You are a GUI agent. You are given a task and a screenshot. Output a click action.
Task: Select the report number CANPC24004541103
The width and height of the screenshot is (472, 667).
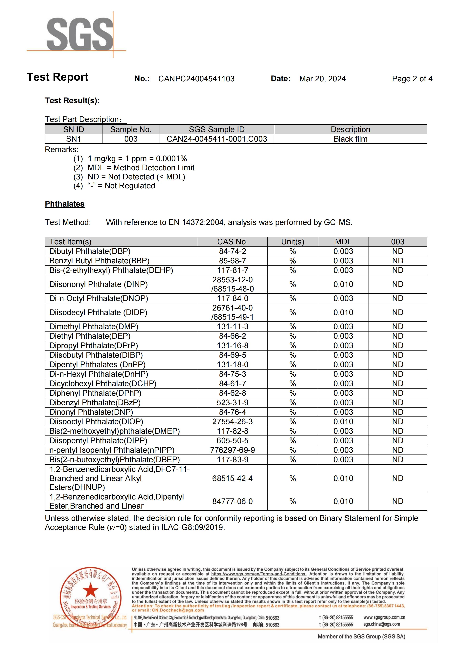(x=196, y=79)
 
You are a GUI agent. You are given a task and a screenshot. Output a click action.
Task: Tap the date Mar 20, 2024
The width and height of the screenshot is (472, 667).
(x=323, y=79)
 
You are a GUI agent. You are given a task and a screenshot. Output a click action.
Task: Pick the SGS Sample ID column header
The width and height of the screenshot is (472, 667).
(x=217, y=129)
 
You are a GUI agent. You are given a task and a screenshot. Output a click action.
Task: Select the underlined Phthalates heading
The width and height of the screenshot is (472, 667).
(x=65, y=204)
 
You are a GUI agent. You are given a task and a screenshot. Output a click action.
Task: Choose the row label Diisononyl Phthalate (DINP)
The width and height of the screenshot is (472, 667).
(x=98, y=284)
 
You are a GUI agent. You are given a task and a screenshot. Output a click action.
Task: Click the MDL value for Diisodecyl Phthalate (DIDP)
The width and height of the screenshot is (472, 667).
(x=343, y=312)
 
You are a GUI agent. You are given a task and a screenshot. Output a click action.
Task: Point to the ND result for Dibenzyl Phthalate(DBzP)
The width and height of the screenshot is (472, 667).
(x=397, y=402)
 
